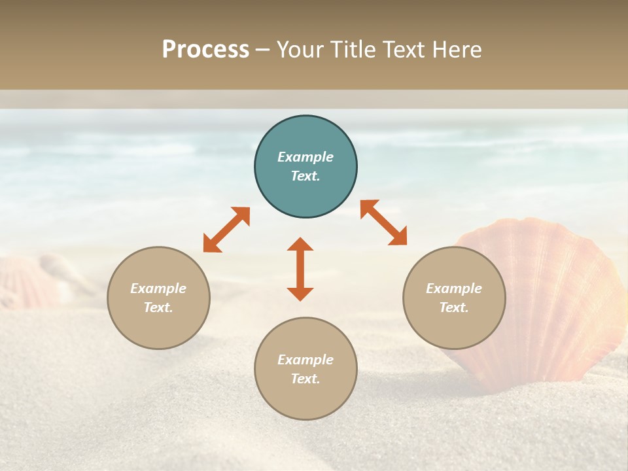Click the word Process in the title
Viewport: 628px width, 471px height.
(205, 50)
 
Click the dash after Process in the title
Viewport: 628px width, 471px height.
(262, 50)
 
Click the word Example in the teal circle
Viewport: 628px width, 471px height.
(305, 157)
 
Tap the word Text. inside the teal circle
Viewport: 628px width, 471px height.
(305, 176)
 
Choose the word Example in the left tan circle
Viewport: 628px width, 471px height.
(158, 288)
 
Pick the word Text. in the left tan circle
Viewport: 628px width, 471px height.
(158, 307)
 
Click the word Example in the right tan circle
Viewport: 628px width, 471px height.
(454, 288)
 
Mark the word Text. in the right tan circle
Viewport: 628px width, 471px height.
(454, 307)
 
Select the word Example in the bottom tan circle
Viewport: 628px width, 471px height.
(305, 360)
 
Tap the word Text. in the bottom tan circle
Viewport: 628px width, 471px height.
(305, 379)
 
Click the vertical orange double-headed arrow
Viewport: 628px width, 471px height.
(300, 269)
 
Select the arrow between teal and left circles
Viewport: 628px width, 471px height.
(226, 230)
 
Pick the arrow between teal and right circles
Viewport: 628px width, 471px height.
(383, 222)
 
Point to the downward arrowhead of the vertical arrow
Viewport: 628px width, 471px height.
(300, 293)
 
